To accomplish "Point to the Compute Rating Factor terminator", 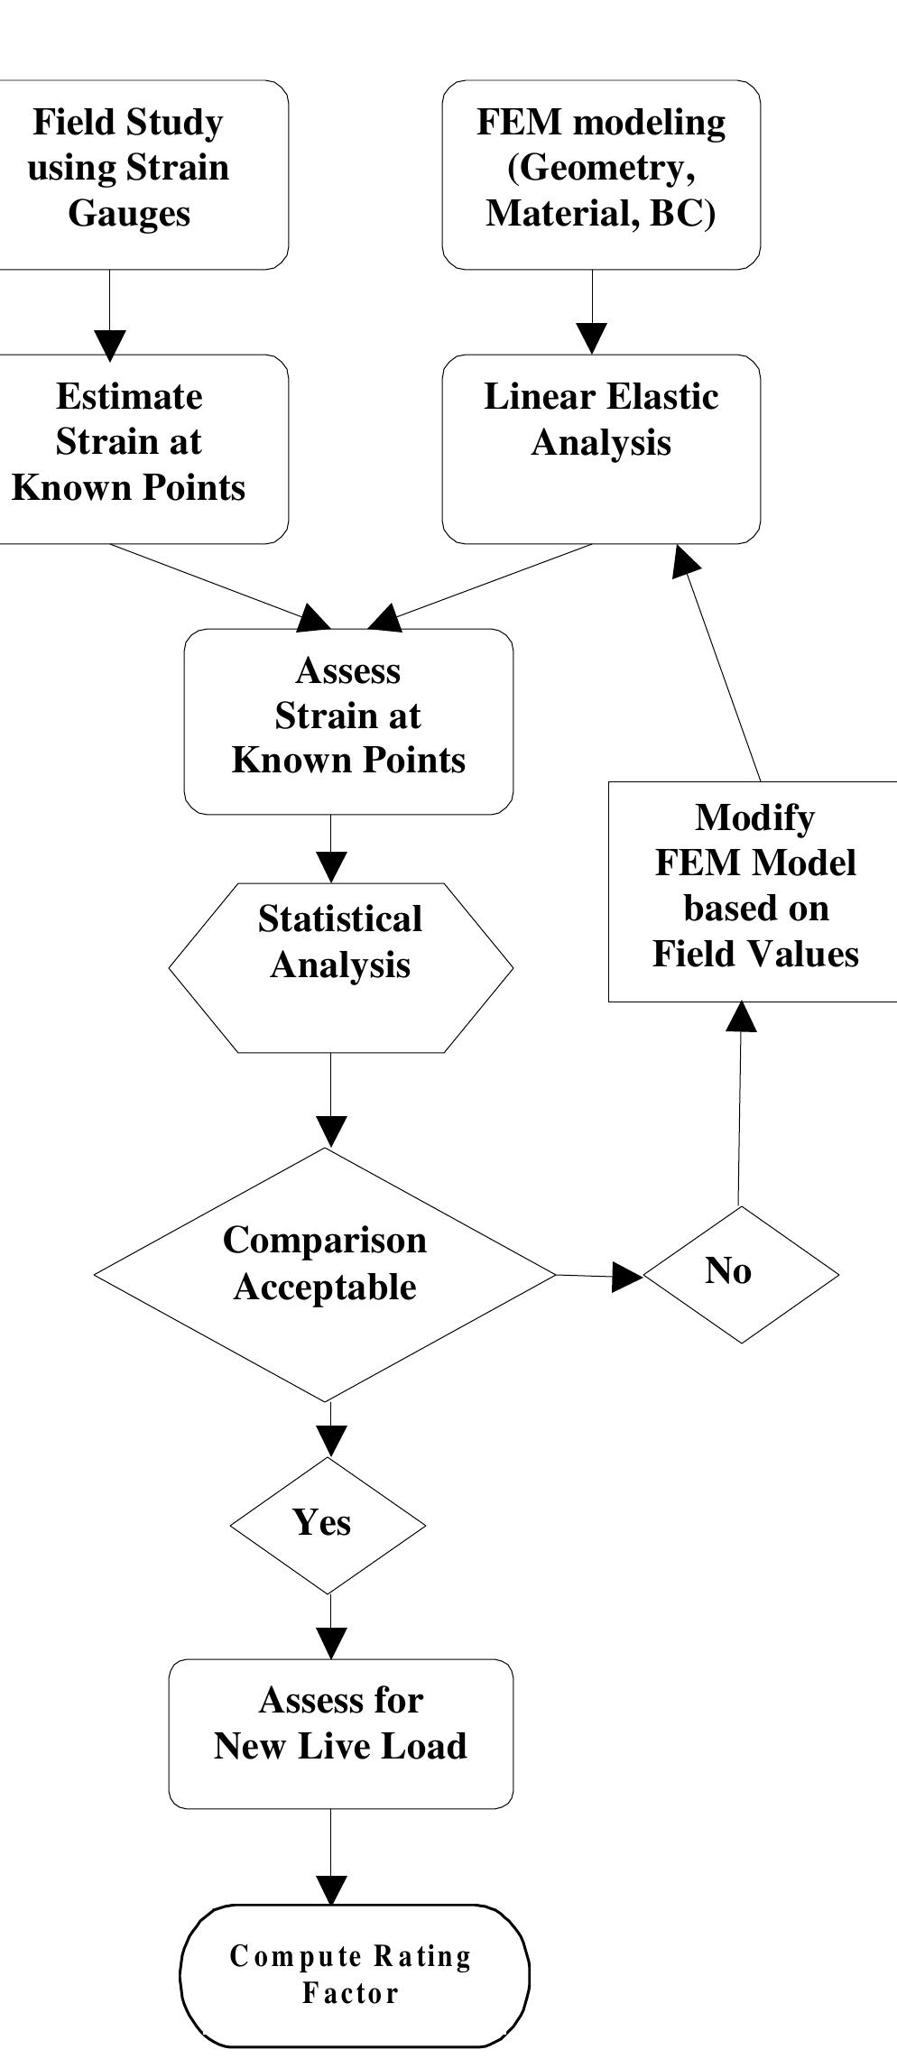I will tap(354, 1975).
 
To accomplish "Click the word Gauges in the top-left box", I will tap(129, 214).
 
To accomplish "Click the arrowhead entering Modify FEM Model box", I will tap(742, 1017).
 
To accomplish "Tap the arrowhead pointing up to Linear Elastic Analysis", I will tap(687, 560).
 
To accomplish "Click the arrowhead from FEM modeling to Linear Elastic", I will tap(592, 338).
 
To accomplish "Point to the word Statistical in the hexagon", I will tap(340, 919).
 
